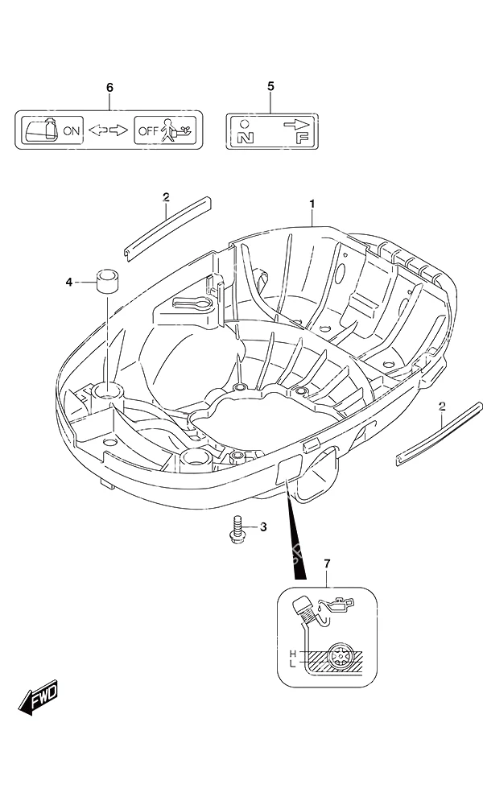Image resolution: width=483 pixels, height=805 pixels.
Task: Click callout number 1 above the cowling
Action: pyautogui.click(x=312, y=204)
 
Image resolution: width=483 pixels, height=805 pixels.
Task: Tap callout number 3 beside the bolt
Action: pyautogui.click(x=263, y=526)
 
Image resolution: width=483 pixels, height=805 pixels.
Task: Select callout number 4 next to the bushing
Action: pyautogui.click(x=69, y=282)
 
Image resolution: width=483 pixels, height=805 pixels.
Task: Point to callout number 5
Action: pyautogui.click(x=271, y=86)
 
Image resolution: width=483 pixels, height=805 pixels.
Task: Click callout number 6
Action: pyautogui.click(x=109, y=88)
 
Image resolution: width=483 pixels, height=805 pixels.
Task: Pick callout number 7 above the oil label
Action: pyautogui.click(x=328, y=564)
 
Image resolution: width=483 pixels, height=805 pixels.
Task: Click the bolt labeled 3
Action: pyautogui.click(x=237, y=530)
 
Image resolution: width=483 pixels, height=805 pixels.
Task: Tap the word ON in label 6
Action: pyautogui.click(x=72, y=131)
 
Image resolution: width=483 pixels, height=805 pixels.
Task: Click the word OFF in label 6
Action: pyautogui.click(x=149, y=131)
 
